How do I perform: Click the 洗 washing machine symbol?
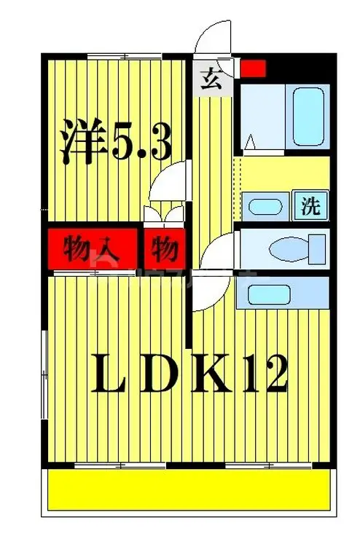[x=311, y=205]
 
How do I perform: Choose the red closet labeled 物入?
[x=93, y=249]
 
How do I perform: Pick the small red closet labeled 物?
[x=165, y=249]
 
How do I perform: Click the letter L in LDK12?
[x=108, y=375]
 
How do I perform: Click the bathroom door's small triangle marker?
[x=250, y=142]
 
